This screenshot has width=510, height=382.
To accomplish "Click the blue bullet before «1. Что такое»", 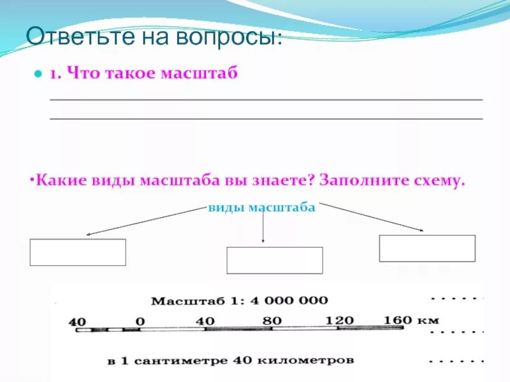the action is [37, 74].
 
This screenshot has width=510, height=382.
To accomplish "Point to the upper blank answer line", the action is [266, 100].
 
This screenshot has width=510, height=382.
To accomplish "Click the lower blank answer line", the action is [266, 119].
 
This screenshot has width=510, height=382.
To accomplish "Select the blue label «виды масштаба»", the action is [261, 208].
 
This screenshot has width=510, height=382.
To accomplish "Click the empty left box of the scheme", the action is [78, 252].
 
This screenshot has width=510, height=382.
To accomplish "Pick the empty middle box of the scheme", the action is [275, 260].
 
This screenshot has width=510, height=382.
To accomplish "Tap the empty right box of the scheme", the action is [427, 248].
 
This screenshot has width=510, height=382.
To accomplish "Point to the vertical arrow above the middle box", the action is [263, 227].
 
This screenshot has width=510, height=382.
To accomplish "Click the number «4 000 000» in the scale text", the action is [284, 300].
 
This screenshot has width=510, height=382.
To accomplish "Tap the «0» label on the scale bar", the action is [140, 322].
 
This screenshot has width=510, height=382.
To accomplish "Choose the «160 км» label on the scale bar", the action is [411, 320].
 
